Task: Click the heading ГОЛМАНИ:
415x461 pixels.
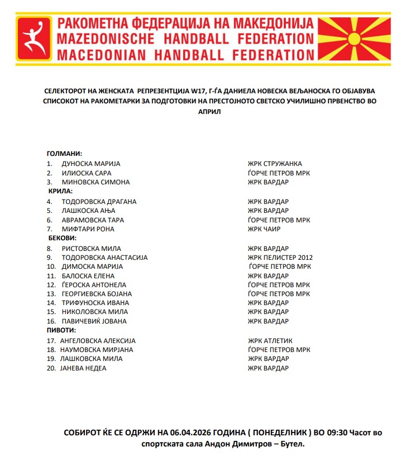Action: click(64, 154)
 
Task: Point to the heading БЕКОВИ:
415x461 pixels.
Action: click(62, 238)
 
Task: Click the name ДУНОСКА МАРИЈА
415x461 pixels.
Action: click(91, 164)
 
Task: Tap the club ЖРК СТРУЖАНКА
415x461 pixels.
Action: click(275, 164)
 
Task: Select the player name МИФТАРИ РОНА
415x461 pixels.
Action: click(88, 229)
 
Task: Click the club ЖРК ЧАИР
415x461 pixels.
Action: click(264, 229)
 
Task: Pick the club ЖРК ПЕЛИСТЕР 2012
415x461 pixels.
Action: click(280, 258)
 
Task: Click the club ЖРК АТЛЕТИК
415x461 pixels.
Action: click(270, 341)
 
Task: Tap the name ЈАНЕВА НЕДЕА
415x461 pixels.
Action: click(83, 368)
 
